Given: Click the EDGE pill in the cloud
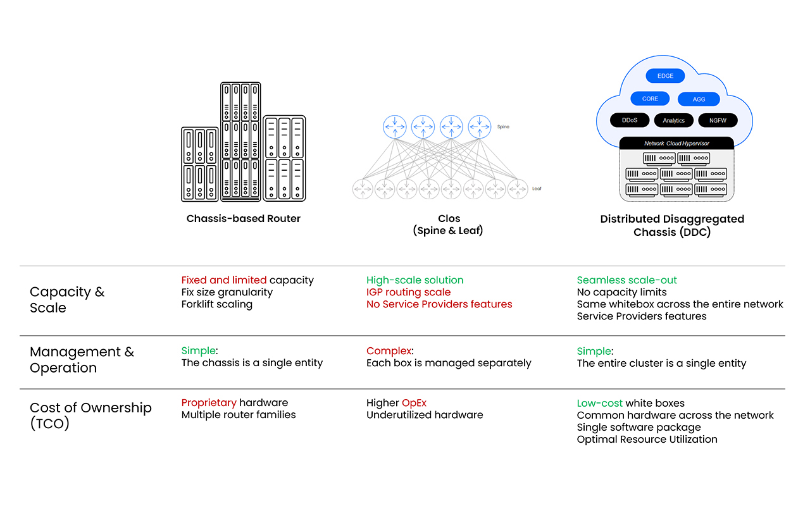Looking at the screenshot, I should [x=665, y=76].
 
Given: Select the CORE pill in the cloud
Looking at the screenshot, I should [x=650, y=99].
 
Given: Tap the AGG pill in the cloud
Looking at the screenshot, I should [x=699, y=99].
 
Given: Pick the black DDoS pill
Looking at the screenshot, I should [x=630, y=120].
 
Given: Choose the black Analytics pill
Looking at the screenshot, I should [x=673, y=120].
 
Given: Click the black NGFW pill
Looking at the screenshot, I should [x=718, y=120].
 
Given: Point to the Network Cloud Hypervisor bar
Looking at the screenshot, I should [x=676, y=144].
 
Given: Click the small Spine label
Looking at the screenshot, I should [x=503, y=127].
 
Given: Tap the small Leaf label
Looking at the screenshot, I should [x=537, y=188].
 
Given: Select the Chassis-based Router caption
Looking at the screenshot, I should [x=244, y=219].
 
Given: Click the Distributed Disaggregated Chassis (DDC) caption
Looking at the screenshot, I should [x=672, y=225].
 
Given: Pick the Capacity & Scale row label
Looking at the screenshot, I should [x=67, y=300].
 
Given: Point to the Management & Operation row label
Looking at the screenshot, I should [x=82, y=360].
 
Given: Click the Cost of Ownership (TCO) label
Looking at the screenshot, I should [x=90, y=416].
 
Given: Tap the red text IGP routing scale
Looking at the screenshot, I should [x=408, y=292].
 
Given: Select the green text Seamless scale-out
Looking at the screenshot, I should [x=626, y=280].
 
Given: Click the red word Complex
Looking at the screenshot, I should [x=389, y=351].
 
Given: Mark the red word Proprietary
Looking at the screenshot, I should [x=209, y=403].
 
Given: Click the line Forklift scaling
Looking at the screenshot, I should [x=217, y=304].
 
